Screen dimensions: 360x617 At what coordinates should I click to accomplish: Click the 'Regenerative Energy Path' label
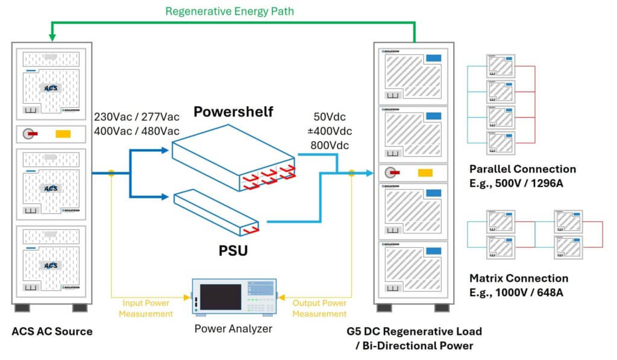point(230,11)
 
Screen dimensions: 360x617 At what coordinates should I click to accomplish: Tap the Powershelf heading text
point(233,112)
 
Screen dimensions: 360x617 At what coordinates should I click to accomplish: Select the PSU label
point(233,249)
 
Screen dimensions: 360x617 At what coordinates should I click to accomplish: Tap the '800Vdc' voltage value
point(331,145)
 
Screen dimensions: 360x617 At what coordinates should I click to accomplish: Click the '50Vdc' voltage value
point(331,117)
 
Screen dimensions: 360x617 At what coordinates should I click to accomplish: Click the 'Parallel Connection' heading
point(522,169)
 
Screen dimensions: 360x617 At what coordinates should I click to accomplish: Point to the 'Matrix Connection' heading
point(518,279)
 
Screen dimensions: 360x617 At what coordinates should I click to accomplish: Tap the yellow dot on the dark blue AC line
point(111,174)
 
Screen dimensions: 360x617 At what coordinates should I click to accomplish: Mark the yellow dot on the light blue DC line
point(352,174)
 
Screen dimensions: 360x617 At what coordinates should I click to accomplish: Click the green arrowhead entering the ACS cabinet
point(52,37)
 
